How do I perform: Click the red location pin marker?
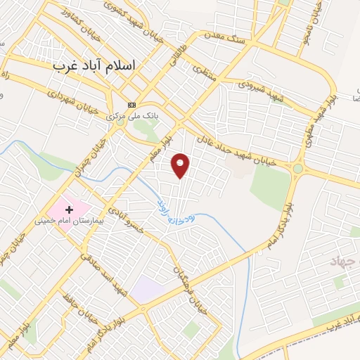click(x=181, y=165)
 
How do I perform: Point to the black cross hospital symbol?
click(x=69, y=210)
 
